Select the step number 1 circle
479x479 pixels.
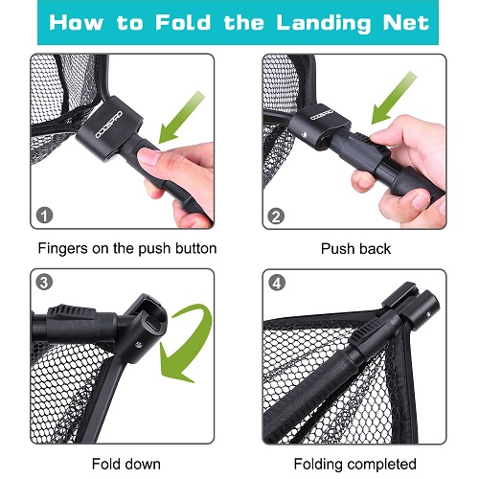click(42, 217)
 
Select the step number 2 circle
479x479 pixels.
click(276, 217)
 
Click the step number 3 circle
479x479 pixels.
click(42, 285)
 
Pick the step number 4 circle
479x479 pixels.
click(276, 285)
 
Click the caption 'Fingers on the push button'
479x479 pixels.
click(126, 248)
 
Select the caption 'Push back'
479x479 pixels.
click(354, 248)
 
